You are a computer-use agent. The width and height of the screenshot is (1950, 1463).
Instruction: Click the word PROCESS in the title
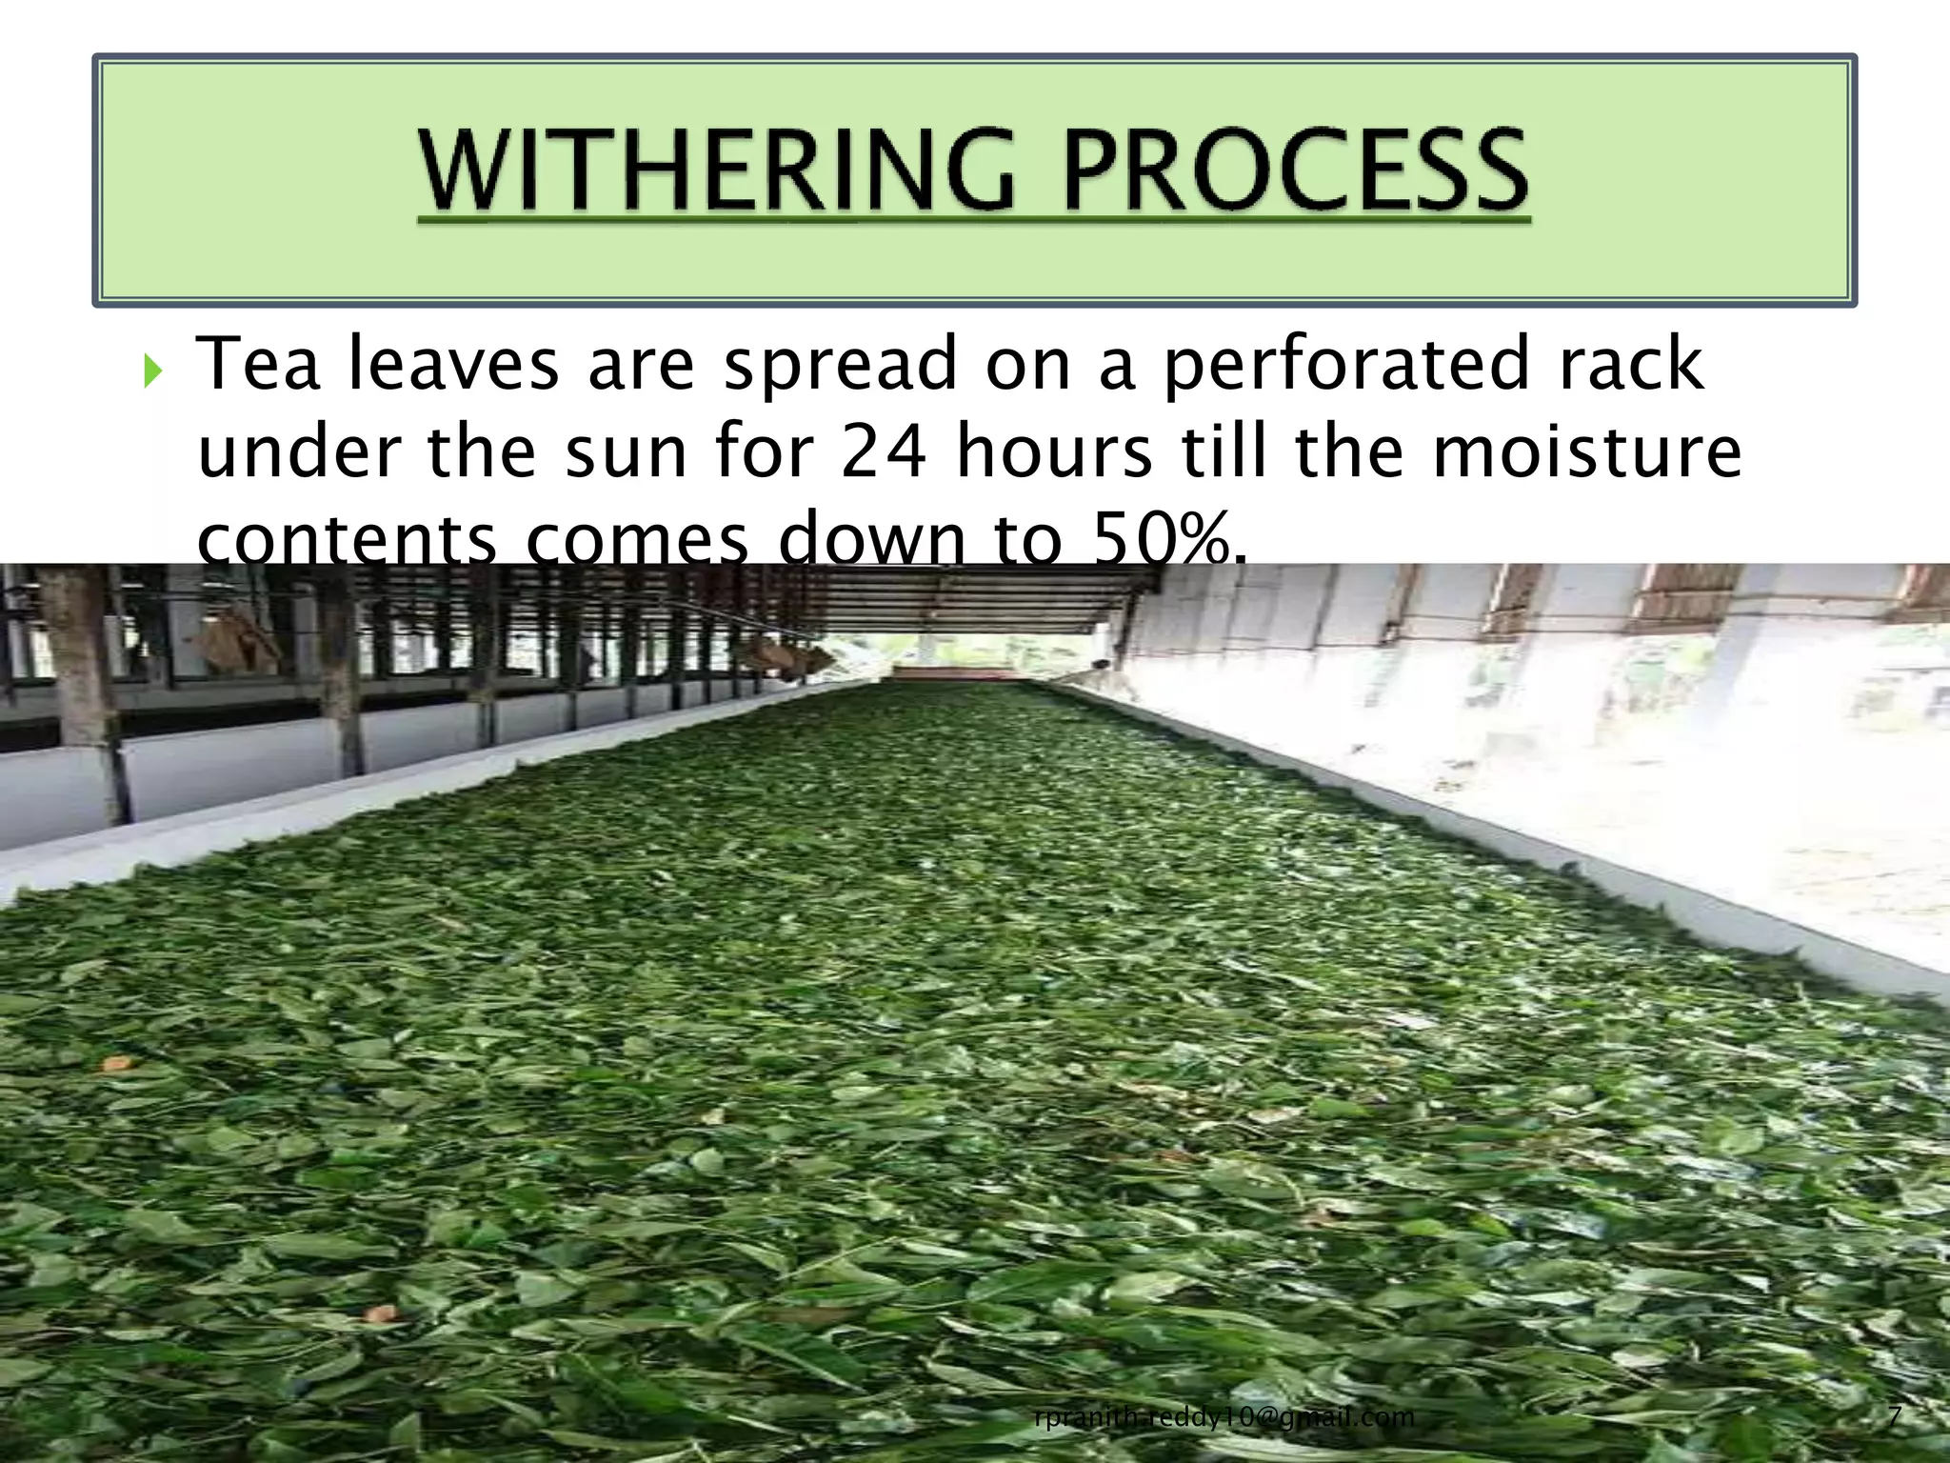pos(1295,171)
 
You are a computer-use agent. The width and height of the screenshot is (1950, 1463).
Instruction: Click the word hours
pos(1054,451)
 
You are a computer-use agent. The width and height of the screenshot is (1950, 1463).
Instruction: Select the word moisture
pos(1587,451)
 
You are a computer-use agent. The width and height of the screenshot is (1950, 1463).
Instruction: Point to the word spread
pos(840,367)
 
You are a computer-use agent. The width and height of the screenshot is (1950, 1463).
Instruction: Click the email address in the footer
pos(1224,1417)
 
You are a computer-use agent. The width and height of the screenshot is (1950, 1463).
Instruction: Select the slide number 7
pos(1895,1416)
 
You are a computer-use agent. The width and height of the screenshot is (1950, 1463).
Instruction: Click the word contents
pos(347,539)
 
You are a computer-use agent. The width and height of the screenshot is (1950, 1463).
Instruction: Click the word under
pos(299,451)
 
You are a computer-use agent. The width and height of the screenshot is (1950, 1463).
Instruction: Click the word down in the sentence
pos(872,539)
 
